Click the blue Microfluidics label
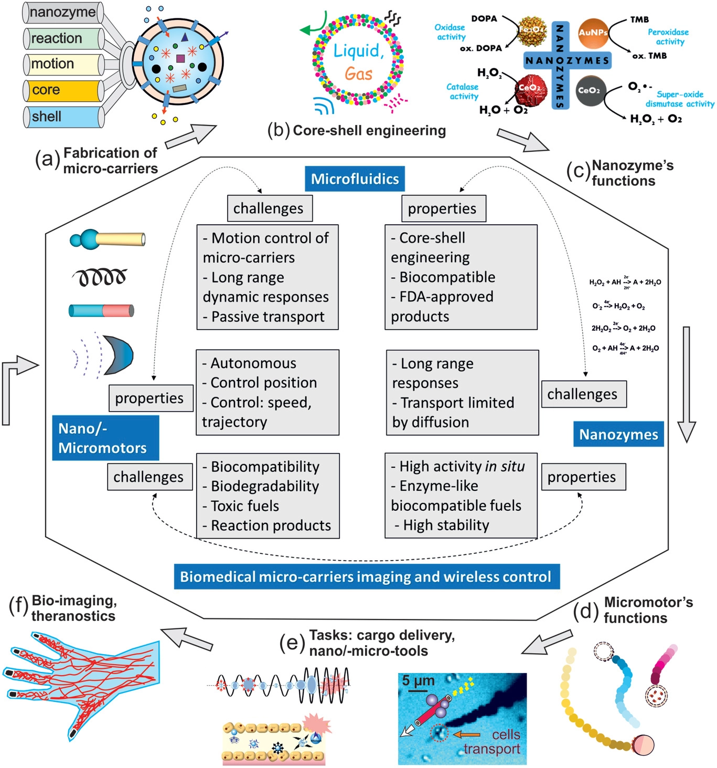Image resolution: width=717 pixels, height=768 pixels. pyautogui.click(x=355, y=179)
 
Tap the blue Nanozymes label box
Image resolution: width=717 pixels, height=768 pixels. pyautogui.click(x=618, y=434)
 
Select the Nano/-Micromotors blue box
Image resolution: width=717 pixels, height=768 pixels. pyautogui.click(x=105, y=438)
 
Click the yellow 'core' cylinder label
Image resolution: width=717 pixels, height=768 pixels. pyautogui.click(x=63, y=90)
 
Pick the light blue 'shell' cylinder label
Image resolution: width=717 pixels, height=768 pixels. pyautogui.click(x=63, y=117)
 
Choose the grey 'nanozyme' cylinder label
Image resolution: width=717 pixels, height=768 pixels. pyautogui.click(x=63, y=12)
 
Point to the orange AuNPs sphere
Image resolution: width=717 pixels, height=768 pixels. pyautogui.click(x=593, y=33)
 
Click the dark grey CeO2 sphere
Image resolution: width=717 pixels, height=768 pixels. pyautogui.click(x=590, y=90)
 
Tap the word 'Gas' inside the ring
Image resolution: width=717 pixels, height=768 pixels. pyautogui.click(x=358, y=74)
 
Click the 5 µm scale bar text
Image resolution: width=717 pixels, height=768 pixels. pyautogui.click(x=418, y=681)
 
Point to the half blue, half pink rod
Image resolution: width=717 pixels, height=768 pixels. pyautogui.click(x=101, y=310)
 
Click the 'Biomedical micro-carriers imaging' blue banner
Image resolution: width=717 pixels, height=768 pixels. pyautogui.click(x=366, y=576)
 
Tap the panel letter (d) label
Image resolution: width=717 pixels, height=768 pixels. pyautogui.click(x=586, y=610)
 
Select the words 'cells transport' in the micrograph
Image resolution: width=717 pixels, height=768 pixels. pyautogui.click(x=491, y=742)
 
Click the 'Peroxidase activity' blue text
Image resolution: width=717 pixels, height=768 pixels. pyautogui.click(x=668, y=37)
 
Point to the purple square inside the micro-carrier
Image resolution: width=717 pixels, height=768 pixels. pyautogui.click(x=180, y=59)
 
